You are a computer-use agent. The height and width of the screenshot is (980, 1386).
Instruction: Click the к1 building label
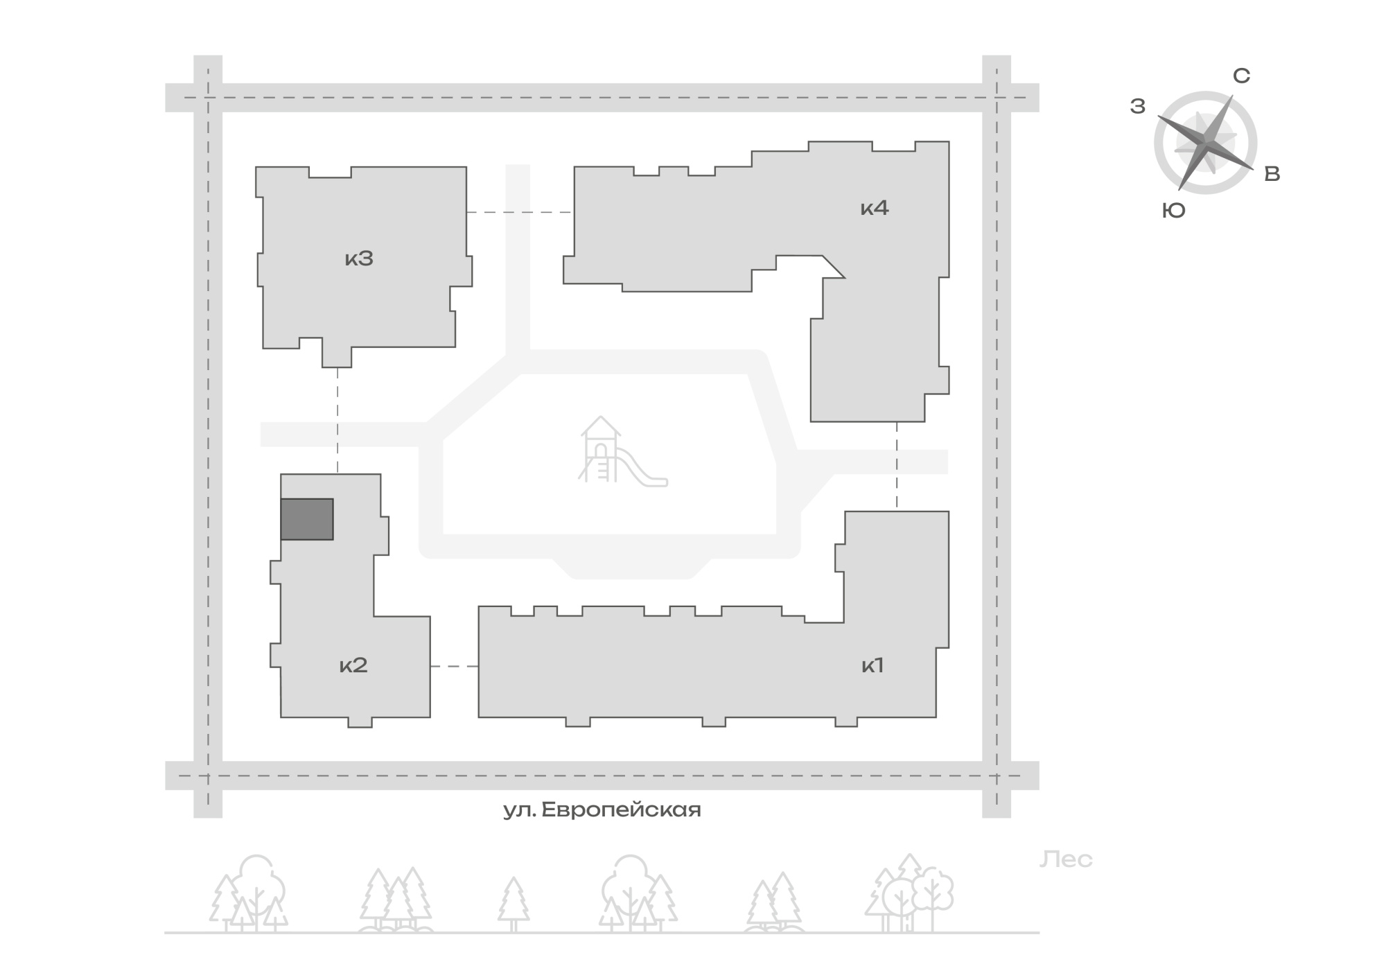[x=872, y=665]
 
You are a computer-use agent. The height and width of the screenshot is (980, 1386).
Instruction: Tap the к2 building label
[x=353, y=665]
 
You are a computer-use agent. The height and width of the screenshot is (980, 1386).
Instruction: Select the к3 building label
[x=359, y=259]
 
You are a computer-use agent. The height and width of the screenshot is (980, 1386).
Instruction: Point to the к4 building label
[x=875, y=207]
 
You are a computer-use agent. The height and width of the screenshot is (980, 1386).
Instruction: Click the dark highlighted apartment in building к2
[x=307, y=519]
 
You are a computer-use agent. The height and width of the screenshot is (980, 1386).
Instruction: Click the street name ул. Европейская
[x=602, y=810]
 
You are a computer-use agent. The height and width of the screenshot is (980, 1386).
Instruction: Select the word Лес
[x=1066, y=860]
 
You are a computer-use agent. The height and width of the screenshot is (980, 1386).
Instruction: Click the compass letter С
[x=1241, y=76]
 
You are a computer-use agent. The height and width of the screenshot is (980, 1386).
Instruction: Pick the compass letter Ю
[x=1174, y=211]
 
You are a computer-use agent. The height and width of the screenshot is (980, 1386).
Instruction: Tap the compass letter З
[x=1138, y=106]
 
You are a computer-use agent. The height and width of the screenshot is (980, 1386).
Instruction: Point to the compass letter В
[x=1272, y=174]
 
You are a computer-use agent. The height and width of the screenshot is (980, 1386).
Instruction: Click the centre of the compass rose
[x=1206, y=143]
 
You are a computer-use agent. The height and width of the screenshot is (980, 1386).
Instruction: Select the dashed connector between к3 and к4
[x=520, y=212]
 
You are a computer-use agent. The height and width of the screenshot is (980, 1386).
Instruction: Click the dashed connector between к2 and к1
[x=455, y=666]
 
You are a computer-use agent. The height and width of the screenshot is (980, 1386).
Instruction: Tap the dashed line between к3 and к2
[x=337, y=421]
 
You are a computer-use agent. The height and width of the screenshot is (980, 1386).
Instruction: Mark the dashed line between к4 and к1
[x=897, y=466]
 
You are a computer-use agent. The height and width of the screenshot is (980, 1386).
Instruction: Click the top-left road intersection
[x=208, y=98]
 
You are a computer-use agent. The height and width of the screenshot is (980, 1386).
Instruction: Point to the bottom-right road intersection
[x=997, y=776]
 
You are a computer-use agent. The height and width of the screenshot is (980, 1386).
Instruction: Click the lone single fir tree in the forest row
[x=514, y=904]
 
